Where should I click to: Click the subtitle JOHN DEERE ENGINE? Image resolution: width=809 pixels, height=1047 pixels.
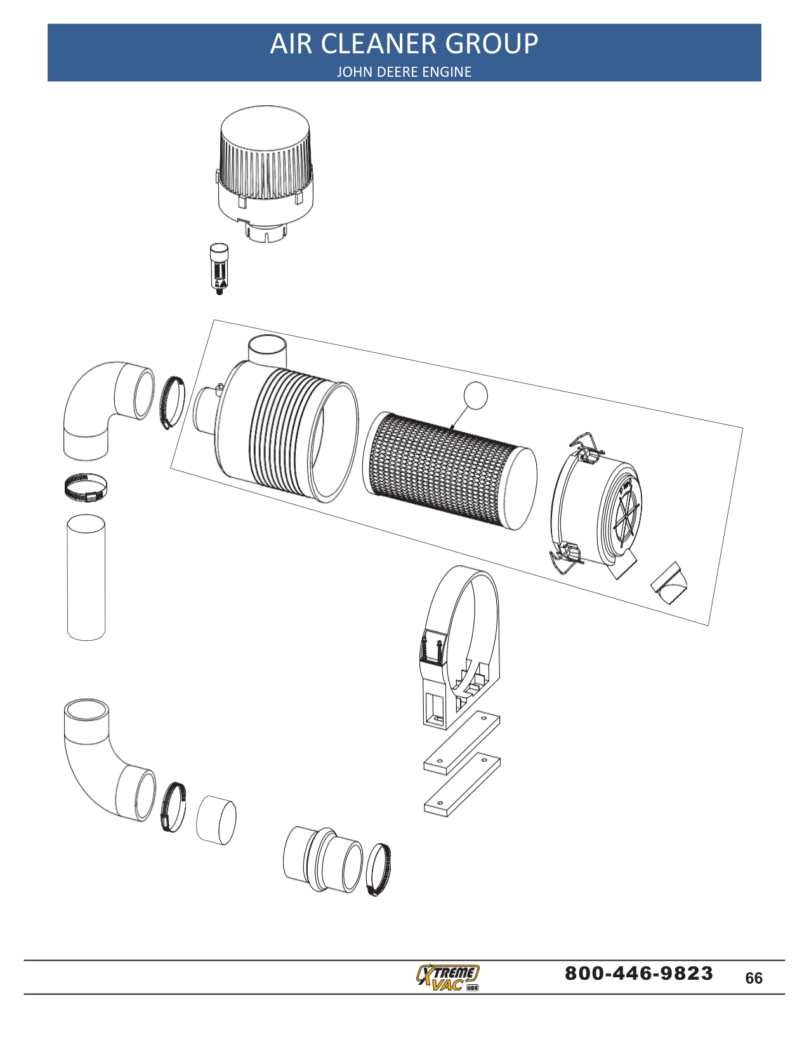click(x=404, y=72)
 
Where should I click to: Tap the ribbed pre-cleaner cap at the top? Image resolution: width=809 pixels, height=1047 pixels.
click(x=265, y=155)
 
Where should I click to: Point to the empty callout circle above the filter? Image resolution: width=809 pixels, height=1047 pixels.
click(x=475, y=395)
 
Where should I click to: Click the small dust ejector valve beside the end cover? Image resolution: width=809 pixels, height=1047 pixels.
click(x=670, y=584)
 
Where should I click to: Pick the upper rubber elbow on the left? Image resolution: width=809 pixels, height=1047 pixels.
click(x=102, y=406)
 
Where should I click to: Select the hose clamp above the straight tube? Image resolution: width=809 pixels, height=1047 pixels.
click(x=86, y=487)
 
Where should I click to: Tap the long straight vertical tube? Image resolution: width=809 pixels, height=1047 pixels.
click(x=86, y=577)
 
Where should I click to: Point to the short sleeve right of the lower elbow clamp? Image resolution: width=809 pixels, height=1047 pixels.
click(x=216, y=820)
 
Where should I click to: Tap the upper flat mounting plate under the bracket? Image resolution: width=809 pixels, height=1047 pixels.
click(x=462, y=742)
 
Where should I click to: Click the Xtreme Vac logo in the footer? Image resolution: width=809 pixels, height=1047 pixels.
click(x=448, y=977)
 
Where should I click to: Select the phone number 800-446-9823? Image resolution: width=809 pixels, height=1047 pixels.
click(x=638, y=973)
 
